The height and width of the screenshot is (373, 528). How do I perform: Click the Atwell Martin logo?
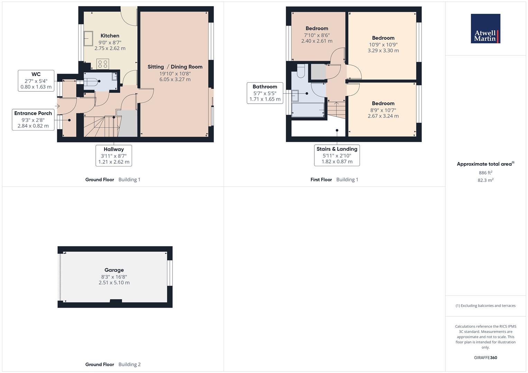click(485, 29)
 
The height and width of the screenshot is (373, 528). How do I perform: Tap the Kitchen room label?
click(110, 36)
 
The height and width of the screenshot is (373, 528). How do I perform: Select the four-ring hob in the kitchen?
click(103, 64)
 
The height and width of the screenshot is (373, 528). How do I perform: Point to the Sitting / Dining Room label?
click(175, 67)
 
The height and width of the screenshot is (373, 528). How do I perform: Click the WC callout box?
click(36, 80)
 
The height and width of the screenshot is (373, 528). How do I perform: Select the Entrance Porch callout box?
click(33, 119)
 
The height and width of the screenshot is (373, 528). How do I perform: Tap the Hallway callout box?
click(114, 155)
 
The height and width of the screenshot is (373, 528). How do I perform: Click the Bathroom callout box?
click(265, 93)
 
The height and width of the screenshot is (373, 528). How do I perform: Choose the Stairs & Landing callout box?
click(337, 155)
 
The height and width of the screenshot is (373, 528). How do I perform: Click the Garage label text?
click(114, 270)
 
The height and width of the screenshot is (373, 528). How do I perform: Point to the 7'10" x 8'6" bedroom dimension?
click(317, 35)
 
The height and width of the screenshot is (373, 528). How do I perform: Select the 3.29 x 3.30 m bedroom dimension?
click(383, 50)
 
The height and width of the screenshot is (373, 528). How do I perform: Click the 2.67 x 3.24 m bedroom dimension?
click(383, 116)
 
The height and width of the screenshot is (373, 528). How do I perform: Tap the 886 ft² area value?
click(485, 173)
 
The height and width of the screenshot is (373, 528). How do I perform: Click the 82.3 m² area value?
click(485, 180)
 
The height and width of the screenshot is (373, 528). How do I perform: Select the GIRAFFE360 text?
click(485, 358)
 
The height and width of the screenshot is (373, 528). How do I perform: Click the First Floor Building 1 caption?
click(334, 180)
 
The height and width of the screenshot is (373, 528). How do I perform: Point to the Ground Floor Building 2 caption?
click(113, 364)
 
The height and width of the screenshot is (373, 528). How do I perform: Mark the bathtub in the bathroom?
click(308, 110)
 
